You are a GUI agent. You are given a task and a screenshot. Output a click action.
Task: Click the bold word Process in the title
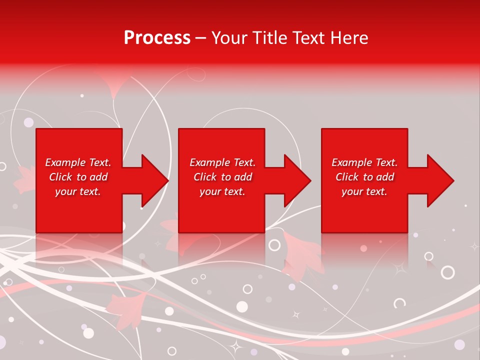[x=157, y=37]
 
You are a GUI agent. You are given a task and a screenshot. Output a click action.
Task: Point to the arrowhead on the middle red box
[x=297, y=180]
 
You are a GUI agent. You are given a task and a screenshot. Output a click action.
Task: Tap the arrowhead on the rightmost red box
[x=440, y=180]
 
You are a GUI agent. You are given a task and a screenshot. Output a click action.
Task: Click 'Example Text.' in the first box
[x=78, y=162]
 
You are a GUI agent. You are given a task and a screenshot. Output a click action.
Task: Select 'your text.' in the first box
[x=78, y=191]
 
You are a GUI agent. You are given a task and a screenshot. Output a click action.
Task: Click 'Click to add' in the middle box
[x=222, y=177]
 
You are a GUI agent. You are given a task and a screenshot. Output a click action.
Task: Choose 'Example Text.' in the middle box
[x=222, y=162]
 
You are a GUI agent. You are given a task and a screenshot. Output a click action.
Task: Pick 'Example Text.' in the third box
[x=364, y=162]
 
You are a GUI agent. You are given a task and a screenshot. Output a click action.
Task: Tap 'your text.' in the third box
[x=364, y=191]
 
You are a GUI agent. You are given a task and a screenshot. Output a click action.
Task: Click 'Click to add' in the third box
[x=364, y=177]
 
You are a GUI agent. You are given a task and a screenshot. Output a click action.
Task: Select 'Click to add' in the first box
[x=78, y=177]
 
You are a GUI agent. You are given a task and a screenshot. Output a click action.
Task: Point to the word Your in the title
[x=229, y=37]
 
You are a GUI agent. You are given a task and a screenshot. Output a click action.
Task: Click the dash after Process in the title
[x=201, y=38]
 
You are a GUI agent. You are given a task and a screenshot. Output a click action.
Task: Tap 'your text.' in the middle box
[x=222, y=191]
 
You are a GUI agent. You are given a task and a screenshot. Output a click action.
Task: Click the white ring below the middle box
[x=274, y=245]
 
